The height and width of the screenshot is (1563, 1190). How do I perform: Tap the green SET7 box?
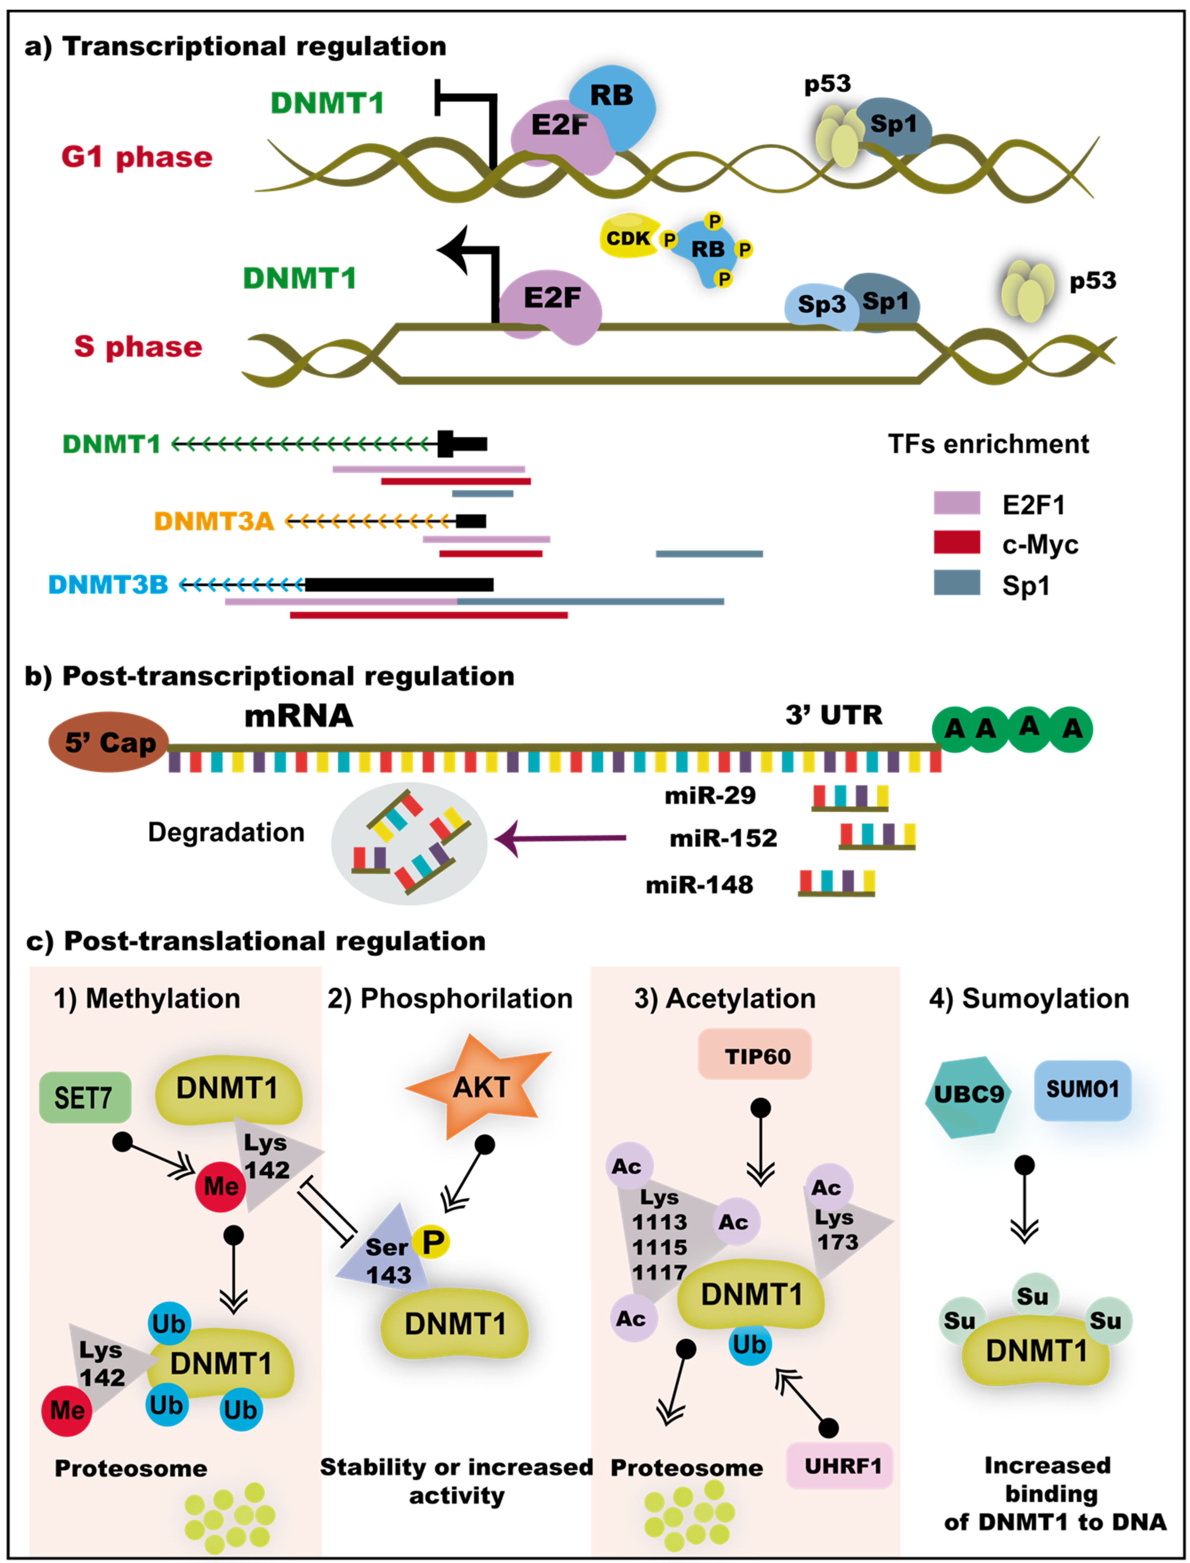[x=84, y=1097]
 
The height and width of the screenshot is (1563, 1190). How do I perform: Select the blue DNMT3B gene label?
[x=108, y=585]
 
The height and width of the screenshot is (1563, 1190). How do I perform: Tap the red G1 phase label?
[x=137, y=156]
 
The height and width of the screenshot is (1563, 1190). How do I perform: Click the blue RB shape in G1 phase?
[x=613, y=99]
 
